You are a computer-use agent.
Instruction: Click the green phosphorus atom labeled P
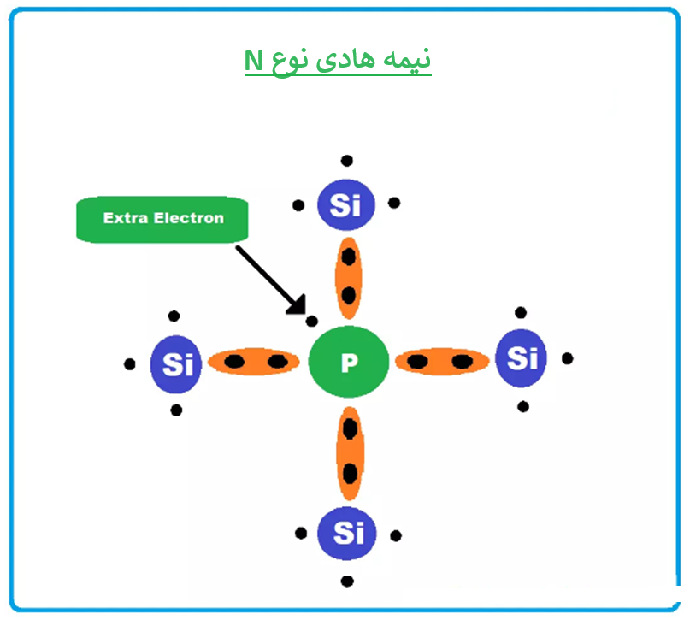coord(348,363)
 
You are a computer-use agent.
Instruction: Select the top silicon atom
coord(346,205)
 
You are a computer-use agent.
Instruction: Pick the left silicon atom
coord(177,364)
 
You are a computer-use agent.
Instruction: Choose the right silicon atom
coord(522,357)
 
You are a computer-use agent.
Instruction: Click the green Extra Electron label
coord(162,219)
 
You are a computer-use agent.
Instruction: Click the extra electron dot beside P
coord(312,322)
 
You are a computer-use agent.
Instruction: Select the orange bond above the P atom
coord(347,275)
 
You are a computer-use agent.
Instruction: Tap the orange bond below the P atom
coord(349,453)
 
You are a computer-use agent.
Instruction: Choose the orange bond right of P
coord(440,361)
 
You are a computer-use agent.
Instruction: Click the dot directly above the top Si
coord(346,160)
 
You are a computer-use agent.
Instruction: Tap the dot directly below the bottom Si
coord(347,582)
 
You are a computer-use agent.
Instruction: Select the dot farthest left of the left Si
coord(129,364)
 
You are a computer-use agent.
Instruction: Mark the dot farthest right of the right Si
coord(567,357)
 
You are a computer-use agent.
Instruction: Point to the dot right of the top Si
coord(394,204)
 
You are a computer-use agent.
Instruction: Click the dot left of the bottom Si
coord(301,534)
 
